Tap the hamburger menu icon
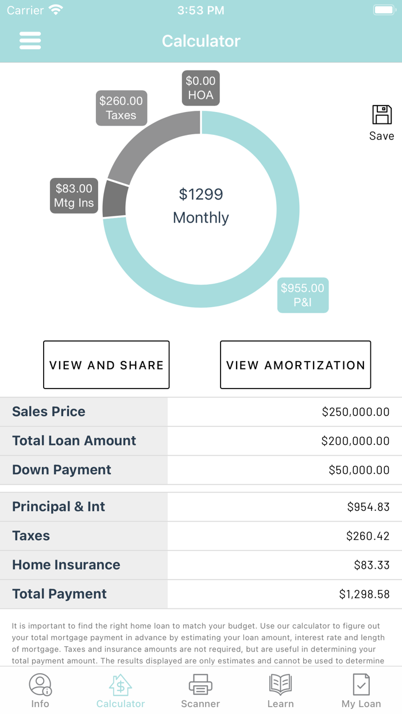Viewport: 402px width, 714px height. [x=30, y=41]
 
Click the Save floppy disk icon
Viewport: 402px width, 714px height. [x=382, y=115]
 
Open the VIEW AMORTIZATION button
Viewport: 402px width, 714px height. [x=295, y=365]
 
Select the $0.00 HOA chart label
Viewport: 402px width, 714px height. [x=200, y=88]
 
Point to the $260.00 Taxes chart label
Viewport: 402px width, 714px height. [x=121, y=108]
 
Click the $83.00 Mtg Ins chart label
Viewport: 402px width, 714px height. [x=74, y=196]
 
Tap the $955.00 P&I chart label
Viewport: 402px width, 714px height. [x=303, y=295]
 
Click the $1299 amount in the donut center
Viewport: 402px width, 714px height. [x=201, y=194]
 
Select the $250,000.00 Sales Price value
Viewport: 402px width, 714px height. [x=355, y=412]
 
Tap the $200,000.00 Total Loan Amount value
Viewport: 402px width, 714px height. [x=355, y=441]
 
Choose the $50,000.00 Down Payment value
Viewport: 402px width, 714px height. [x=359, y=470]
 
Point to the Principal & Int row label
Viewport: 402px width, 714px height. [x=59, y=507]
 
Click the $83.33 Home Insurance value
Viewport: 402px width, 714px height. [x=372, y=565]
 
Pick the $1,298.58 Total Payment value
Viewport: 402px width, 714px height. [x=364, y=595]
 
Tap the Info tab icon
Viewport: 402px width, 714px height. [x=40, y=685]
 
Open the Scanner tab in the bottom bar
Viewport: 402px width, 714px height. [x=200, y=691]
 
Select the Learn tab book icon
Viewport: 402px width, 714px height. [x=281, y=685]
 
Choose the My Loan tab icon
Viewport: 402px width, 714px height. [x=361, y=685]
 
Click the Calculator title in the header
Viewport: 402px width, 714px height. [x=201, y=41]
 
